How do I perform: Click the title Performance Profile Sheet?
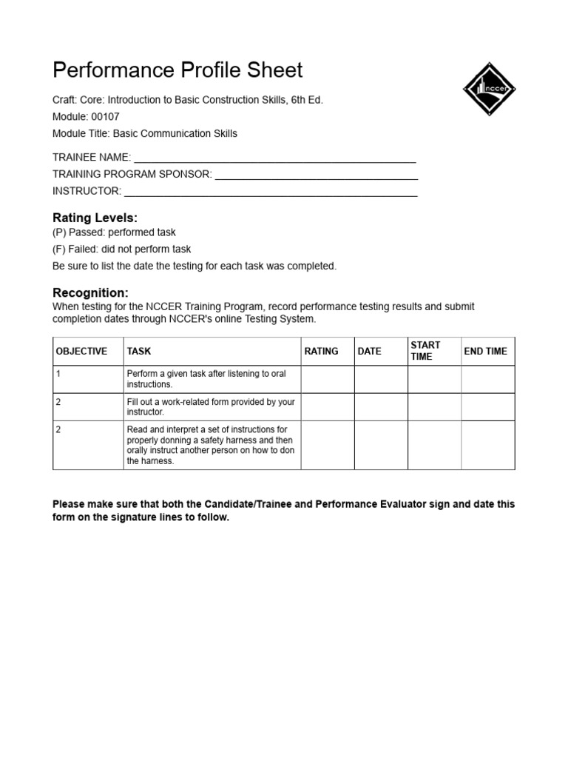coord(177,70)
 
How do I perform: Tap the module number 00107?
coord(105,116)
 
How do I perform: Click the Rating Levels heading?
coord(95,218)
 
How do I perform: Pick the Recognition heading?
coord(90,293)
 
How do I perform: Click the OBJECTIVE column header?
coord(81,352)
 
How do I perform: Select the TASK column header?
coord(139,352)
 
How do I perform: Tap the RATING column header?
coord(321,352)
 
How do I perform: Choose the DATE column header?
coord(369,352)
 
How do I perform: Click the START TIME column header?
coord(425,351)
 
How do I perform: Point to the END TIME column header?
coord(485,352)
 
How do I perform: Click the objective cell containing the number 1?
coord(58,374)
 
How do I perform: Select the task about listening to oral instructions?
coord(206,379)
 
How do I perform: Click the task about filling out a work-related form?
coord(210,406)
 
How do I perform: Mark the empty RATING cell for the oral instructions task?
coord(328,379)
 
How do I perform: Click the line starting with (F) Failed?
coord(121,249)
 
